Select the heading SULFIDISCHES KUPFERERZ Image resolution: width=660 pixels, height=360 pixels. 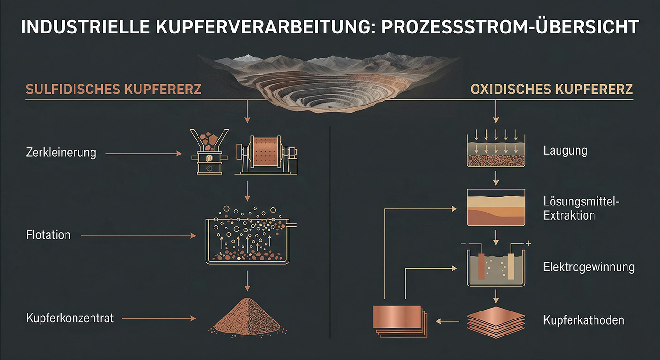click(x=114, y=90)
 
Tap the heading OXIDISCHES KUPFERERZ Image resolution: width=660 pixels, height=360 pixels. click(x=552, y=90)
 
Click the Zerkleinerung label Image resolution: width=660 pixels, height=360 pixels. click(x=61, y=153)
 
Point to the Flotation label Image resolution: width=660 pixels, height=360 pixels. click(x=49, y=235)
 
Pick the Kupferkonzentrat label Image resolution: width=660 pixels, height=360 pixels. click(x=70, y=318)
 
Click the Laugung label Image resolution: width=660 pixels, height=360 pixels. click(x=565, y=151)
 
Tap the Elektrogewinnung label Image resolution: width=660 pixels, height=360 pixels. click(x=589, y=268)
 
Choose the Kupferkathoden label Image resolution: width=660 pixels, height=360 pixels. click(x=584, y=320)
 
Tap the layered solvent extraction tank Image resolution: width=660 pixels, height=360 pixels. click(x=495, y=207)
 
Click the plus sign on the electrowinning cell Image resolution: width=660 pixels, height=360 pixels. click(x=528, y=244)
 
